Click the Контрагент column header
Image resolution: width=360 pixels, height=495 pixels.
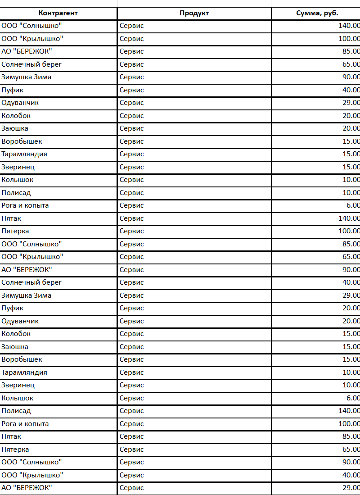pyautogui.click(x=58, y=13)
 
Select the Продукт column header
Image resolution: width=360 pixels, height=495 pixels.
pyautogui.click(x=194, y=13)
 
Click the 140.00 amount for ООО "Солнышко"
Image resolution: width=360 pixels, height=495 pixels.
pyautogui.click(x=349, y=26)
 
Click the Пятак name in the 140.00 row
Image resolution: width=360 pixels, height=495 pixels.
pyautogui.click(x=11, y=218)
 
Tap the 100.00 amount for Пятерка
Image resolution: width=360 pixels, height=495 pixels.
pyautogui.click(x=349, y=231)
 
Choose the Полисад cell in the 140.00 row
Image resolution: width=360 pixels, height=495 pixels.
pyautogui.click(x=16, y=411)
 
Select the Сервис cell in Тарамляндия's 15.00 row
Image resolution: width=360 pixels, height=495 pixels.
pyautogui.click(x=132, y=154)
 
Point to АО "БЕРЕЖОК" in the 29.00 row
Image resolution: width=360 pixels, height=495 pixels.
pyautogui.click(x=27, y=488)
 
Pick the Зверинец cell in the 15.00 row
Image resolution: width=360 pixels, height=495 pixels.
pyautogui.click(x=18, y=167)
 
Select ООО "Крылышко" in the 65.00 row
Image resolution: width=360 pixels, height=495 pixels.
pyautogui.click(x=32, y=257)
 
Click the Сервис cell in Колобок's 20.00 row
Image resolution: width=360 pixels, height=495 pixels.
pyautogui.click(x=132, y=116)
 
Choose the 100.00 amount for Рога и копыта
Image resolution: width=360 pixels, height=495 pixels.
pyautogui.click(x=349, y=424)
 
